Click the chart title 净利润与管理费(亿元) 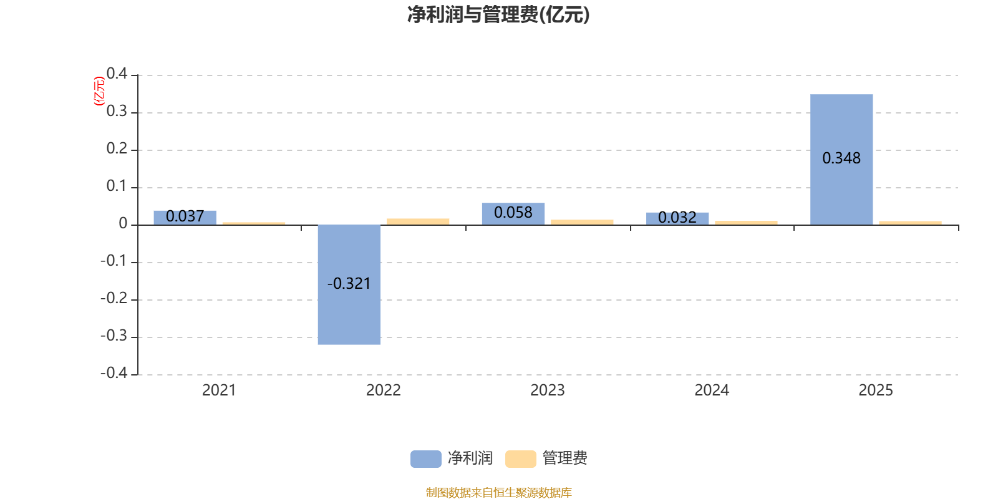tap(498, 15)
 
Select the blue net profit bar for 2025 tap(841, 125)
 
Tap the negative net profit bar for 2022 tap(349, 312)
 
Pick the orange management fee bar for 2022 tap(418, 221)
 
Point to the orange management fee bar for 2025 tap(910, 223)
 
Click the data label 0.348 tap(841, 158)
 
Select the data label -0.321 tap(349, 284)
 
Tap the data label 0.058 tap(513, 213)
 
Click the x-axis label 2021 tap(219, 390)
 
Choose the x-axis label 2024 tap(712, 390)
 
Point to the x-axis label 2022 tap(383, 390)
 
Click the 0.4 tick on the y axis tap(117, 74)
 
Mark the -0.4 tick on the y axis tap(114, 373)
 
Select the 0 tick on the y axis tap(123, 224)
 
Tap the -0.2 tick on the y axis tap(114, 298)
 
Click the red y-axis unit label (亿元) tap(99, 91)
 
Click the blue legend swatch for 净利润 tap(425, 458)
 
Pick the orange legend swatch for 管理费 tap(520, 458)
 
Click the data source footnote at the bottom tap(498, 493)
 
